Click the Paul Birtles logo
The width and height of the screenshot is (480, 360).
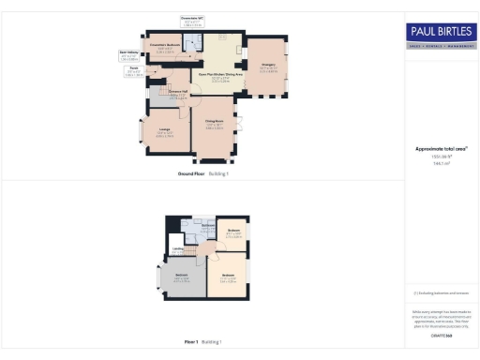(x=440, y=31)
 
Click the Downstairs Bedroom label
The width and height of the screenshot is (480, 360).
(x=165, y=50)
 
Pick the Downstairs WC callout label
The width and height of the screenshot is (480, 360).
(x=191, y=21)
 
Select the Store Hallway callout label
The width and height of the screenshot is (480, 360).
(x=130, y=56)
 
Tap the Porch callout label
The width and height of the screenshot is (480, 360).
(x=134, y=71)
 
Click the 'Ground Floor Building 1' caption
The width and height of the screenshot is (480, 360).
(x=203, y=173)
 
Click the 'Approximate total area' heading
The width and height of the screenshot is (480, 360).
(x=440, y=149)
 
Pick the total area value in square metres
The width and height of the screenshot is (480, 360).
(x=440, y=162)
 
